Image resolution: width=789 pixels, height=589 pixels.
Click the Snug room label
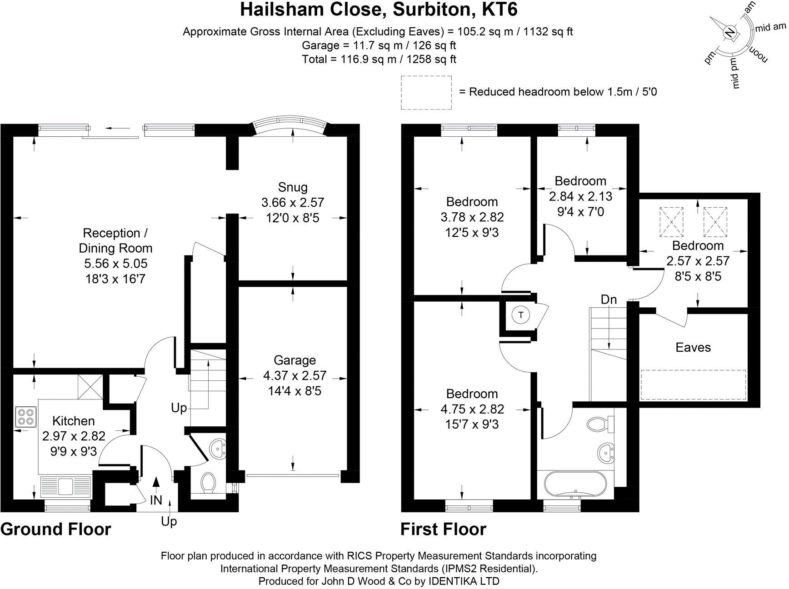(x=293, y=187)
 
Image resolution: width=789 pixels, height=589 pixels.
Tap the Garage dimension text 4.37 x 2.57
(x=295, y=375)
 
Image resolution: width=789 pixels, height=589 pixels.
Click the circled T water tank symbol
(x=521, y=314)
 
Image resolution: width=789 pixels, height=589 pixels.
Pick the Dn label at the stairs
(x=609, y=299)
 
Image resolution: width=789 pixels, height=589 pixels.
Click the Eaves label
(x=693, y=347)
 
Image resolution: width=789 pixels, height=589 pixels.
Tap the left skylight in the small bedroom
(x=671, y=222)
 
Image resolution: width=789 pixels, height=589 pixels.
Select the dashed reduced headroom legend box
(x=426, y=92)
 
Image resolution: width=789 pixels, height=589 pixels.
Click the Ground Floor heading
(x=56, y=529)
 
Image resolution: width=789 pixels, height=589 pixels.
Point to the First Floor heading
(x=443, y=529)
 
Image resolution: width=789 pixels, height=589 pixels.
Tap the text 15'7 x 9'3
(x=472, y=424)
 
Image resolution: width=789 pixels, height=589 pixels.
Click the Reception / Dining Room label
(x=115, y=240)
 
